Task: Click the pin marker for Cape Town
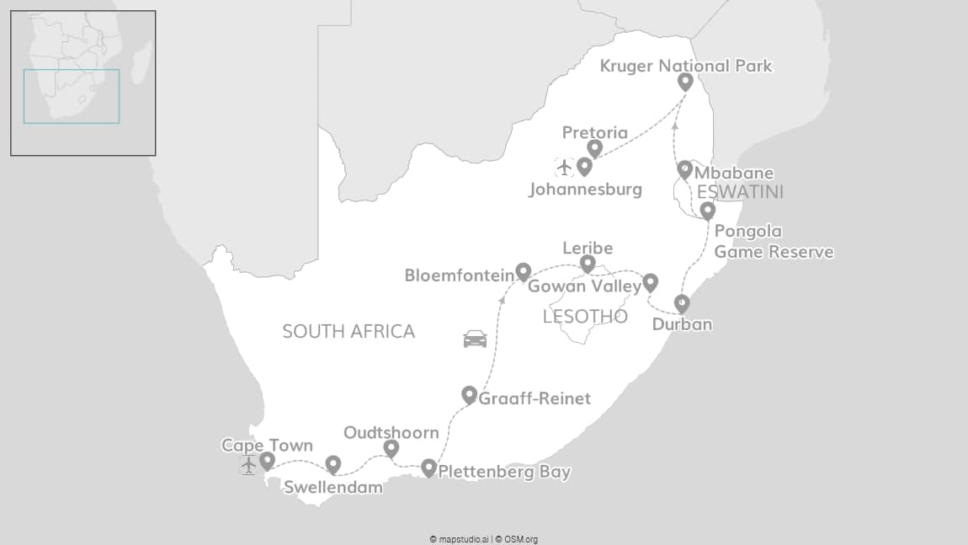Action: (267, 460)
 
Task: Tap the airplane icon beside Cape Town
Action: (248, 465)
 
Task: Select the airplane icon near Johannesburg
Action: (564, 167)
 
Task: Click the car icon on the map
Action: (475, 339)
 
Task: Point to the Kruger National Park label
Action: (686, 66)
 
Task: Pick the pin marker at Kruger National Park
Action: (685, 81)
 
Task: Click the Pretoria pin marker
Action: (594, 148)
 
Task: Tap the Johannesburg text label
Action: (585, 190)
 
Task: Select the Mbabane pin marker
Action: (685, 169)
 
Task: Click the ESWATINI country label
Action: (741, 193)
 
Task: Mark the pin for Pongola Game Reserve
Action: (707, 210)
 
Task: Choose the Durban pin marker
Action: (682, 303)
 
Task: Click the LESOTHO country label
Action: (586, 317)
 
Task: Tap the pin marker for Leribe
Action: (588, 264)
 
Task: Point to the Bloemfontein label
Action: (459, 275)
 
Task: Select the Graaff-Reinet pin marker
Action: (470, 393)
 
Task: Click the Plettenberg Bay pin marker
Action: (428, 468)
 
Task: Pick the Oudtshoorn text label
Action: (391, 433)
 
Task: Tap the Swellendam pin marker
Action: (333, 464)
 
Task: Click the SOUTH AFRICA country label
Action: (348, 331)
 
